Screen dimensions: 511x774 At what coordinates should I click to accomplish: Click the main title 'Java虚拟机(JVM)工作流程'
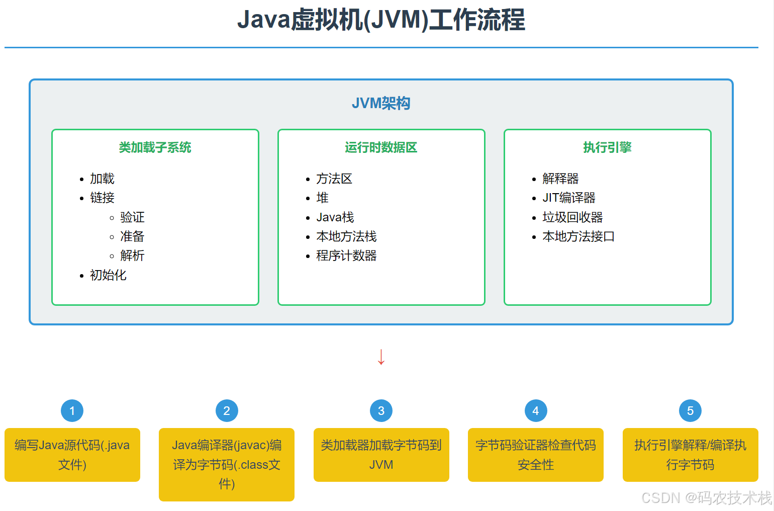381,20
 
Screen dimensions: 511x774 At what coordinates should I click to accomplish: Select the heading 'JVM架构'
381,103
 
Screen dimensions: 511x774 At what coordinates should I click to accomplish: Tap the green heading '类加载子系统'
155,147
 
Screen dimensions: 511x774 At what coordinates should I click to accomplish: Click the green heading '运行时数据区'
381,147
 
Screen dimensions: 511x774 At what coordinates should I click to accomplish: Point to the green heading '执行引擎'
607,147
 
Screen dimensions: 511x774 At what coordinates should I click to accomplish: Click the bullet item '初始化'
108,275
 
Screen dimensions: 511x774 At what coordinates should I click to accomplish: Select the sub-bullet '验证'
132,217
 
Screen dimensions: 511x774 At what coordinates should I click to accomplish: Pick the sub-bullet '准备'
132,236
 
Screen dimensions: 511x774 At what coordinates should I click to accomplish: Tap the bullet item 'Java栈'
335,217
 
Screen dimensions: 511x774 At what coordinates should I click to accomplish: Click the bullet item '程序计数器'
346,255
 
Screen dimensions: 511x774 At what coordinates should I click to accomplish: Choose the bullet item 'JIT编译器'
568,198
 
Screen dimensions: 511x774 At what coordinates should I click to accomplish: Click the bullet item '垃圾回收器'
572,217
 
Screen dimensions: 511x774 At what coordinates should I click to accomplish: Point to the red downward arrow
381,357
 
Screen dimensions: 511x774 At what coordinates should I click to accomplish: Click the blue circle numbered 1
72,411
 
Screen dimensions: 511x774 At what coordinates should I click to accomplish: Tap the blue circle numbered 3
381,411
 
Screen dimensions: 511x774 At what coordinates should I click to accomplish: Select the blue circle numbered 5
690,411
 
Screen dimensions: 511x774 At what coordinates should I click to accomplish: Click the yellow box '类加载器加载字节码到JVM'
381,455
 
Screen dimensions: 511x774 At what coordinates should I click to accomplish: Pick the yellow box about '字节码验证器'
535,455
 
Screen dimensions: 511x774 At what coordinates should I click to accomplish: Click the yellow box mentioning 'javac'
226,464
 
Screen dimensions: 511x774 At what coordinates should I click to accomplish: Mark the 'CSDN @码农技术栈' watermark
706,497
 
